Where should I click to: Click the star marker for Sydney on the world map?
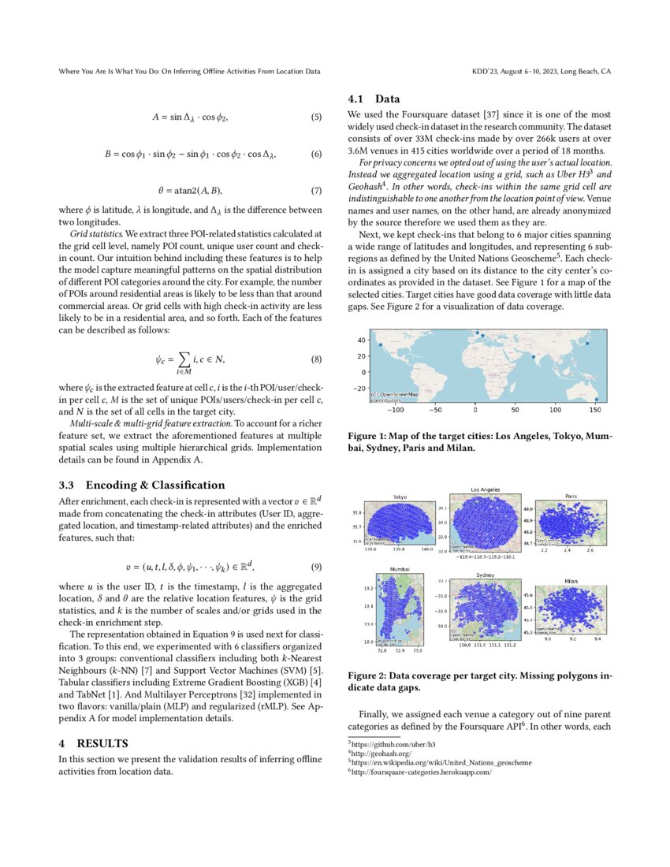[x=596, y=400]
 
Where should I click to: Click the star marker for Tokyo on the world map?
[x=586, y=344]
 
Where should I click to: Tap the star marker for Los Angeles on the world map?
[x=381, y=345]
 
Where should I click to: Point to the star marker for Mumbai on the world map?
[x=534, y=357]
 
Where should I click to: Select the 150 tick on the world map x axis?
[x=595, y=411]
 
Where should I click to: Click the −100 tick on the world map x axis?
[x=396, y=411]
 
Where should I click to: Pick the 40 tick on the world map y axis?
[x=362, y=340]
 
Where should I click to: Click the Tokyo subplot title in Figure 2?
[x=400, y=497]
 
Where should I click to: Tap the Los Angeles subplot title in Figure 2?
[x=484, y=489]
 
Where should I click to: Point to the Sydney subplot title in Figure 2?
[x=486, y=575]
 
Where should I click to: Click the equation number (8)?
[x=316, y=360]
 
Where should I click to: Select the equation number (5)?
[x=316, y=117]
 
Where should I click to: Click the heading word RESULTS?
[x=106, y=743]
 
